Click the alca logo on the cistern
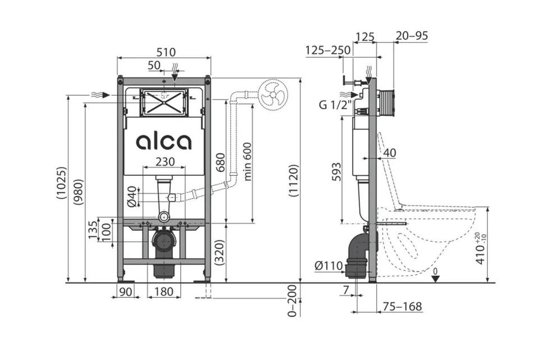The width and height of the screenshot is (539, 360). point(163,142)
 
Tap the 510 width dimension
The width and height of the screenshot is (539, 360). point(166,52)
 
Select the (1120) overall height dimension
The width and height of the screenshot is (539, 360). point(294,180)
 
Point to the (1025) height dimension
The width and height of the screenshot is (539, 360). point(62,183)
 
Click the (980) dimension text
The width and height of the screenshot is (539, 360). point(79,192)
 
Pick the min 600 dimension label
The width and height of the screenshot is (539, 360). point(248,162)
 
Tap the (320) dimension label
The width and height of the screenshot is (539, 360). point(220,252)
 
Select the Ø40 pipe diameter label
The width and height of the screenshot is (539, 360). point(133,197)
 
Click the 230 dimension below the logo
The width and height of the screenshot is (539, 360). point(165,162)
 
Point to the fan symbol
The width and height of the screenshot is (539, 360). point(273,95)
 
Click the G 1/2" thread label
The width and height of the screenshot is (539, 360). point(336,104)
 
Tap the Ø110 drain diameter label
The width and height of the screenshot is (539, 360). point(329,266)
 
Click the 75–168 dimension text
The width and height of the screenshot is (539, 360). point(402,306)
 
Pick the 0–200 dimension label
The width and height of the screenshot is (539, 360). point(292,300)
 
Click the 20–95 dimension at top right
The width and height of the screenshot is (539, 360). point(412,35)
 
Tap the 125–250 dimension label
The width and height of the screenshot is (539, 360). point(328,50)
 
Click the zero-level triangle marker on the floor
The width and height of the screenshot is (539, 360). point(435,279)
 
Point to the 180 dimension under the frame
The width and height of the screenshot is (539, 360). point(163,291)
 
